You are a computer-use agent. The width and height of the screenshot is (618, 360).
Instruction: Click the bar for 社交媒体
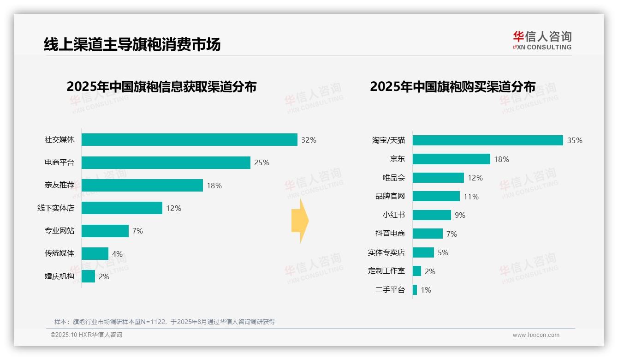pos(189,140)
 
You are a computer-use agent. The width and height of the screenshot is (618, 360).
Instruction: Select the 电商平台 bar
pos(166,162)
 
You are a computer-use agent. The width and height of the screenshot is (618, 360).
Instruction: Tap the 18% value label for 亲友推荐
pos(214,186)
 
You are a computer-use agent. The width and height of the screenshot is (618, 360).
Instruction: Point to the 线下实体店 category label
pos(56,208)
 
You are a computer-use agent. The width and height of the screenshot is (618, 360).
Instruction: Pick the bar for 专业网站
pos(105,231)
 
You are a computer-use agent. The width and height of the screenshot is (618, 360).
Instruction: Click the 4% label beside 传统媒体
pos(117,254)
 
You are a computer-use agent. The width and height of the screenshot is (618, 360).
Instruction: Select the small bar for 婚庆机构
pos(89,276)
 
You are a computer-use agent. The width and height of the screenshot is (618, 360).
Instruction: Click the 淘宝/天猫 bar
pos(487,140)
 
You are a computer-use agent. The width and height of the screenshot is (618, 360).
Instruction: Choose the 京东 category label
pos(398,159)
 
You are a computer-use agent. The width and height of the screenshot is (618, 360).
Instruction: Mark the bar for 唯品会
pos(438,178)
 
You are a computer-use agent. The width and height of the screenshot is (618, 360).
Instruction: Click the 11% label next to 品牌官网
pos(471,197)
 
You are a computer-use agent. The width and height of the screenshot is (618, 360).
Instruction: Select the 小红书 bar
pos(432,215)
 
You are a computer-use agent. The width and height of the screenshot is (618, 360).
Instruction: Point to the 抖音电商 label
pos(390,234)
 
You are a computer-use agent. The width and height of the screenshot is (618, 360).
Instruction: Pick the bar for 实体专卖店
pos(423,252)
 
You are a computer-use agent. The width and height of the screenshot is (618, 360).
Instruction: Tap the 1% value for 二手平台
pos(426,290)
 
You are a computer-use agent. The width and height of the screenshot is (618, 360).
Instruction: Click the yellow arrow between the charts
pos(300,221)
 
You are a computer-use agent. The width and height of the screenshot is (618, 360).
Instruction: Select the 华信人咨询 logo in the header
pos(542,40)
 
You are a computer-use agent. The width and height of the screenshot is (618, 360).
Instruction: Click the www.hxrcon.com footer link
pos(536,335)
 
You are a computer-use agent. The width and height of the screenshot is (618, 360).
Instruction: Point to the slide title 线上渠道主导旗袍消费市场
pos(132,44)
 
